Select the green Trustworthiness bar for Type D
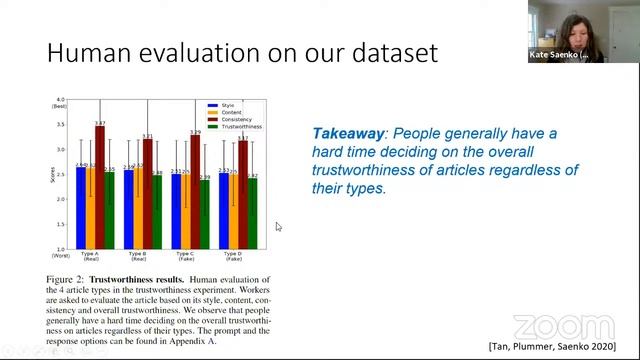tap(253, 214)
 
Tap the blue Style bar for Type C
tap(177, 211)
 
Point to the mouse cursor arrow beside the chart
tap(279, 227)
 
